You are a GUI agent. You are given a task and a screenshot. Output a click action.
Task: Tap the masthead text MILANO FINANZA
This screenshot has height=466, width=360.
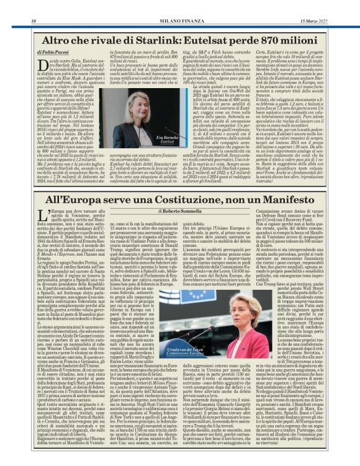[x=179, y=5]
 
